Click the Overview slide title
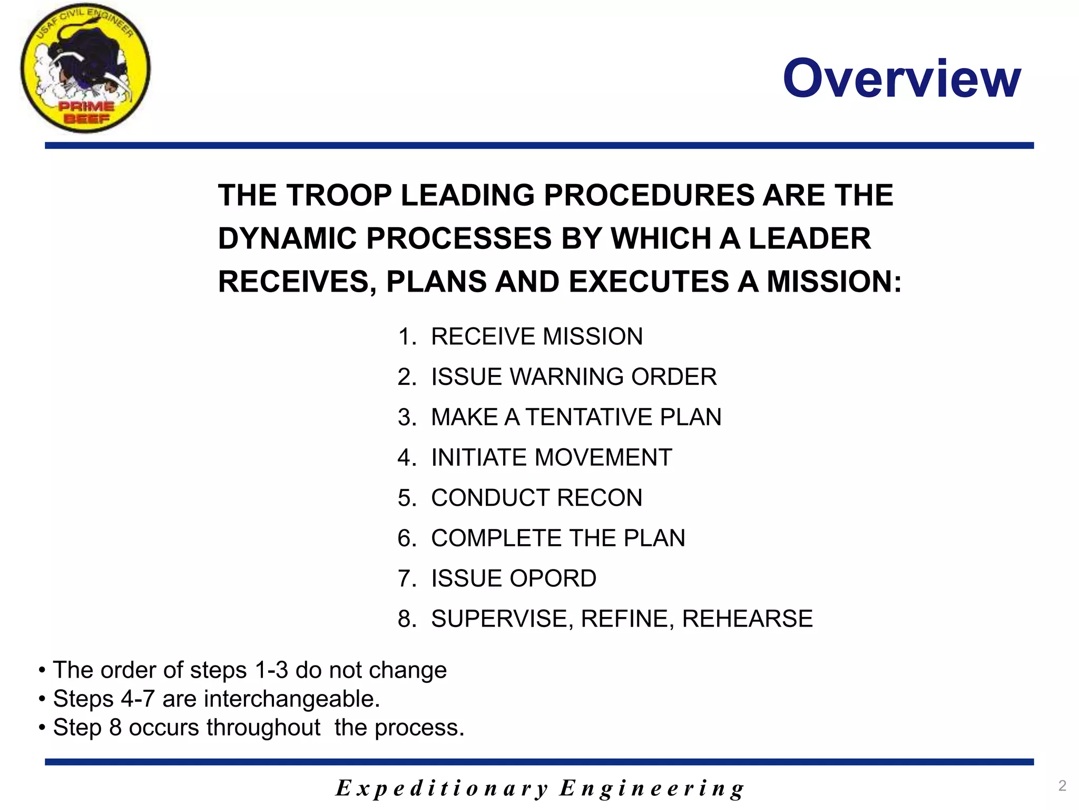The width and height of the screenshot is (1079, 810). (901, 79)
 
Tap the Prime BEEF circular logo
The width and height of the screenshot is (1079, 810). (85, 69)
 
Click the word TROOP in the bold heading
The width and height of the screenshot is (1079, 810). (338, 196)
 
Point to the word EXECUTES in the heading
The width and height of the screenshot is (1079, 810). (648, 282)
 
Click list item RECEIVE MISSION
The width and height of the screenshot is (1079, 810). (536, 336)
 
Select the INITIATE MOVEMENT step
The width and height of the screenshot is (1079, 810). (551, 457)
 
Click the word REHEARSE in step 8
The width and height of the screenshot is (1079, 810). (747, 619)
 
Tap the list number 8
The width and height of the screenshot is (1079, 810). (406, 619)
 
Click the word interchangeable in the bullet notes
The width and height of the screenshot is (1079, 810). (291, 699)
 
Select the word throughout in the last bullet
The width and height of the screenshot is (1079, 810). (263, 728)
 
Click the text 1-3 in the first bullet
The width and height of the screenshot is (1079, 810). (271, 670)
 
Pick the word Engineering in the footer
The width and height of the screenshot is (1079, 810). (652, 788)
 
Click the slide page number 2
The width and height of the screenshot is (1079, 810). (1062, 786)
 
